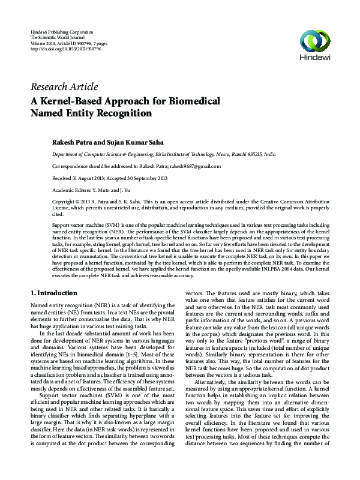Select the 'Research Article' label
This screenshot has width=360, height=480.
click(x=62, y=86)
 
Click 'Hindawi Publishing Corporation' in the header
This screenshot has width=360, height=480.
click(x=62, y=31)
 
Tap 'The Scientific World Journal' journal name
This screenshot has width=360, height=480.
click(x=58, y=37)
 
